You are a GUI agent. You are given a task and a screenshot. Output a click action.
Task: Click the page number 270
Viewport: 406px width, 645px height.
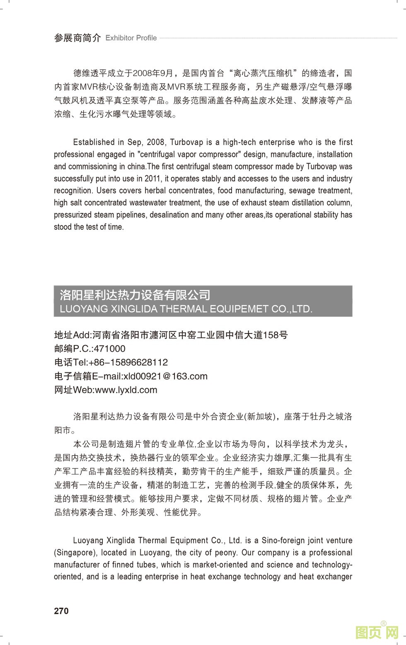tap(61, 611)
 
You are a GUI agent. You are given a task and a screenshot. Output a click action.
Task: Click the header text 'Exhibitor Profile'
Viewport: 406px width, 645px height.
tap(131, 38)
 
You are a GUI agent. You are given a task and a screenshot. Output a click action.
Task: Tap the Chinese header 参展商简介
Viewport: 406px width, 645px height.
tap(77, 38)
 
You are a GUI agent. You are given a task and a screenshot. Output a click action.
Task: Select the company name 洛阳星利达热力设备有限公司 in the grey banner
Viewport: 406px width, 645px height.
tap(135, 295)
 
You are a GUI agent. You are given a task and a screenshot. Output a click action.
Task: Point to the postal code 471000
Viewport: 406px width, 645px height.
tap(110, 348)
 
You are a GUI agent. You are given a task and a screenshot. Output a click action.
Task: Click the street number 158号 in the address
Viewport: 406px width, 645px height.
tap(275, 335)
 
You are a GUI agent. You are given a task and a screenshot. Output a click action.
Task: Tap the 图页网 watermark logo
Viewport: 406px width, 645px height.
tap(377, 632)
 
